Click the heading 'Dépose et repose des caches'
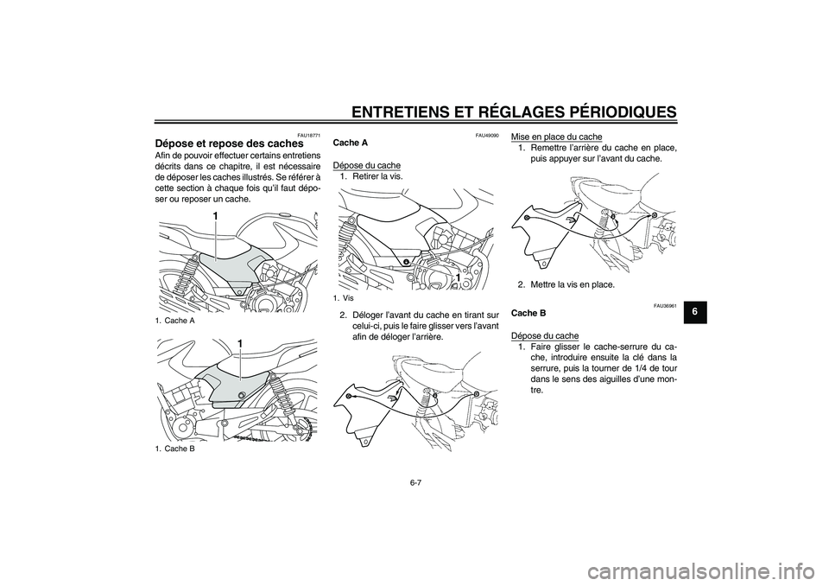pyautogui.click(x=229, y=143)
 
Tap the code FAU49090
pyautogui.click(x=486, y=133)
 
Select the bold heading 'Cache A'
pyautogui.click(x=350, y=143)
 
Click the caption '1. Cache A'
pyautogui.click(x=175, y=320)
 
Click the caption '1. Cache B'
pyautogui.click(x=175, y=448)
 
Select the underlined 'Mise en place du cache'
pyautogui.click(x=557, y=137)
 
